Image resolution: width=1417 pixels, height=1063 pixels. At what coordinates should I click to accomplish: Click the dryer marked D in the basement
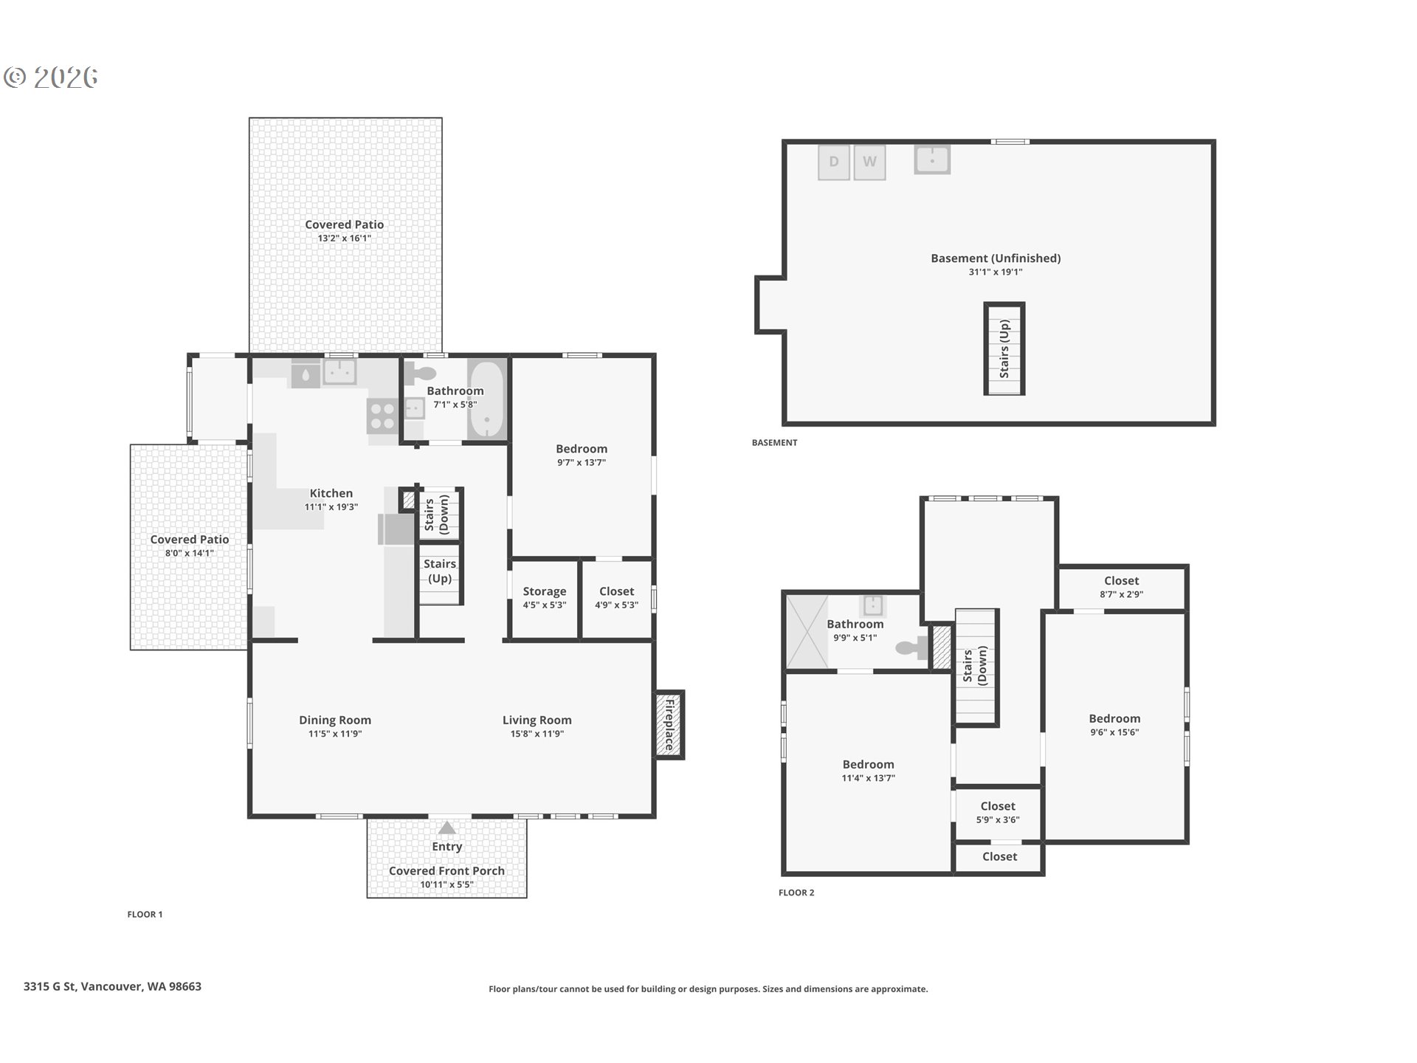pos(834,162)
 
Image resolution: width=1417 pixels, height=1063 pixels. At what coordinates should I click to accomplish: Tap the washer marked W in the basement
pos(869,162)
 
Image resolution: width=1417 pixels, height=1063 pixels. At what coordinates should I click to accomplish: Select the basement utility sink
pos(932,159)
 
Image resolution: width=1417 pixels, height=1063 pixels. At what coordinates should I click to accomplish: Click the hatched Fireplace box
pos(670,724)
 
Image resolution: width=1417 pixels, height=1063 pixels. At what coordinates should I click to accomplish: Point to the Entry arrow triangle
pos(447,828)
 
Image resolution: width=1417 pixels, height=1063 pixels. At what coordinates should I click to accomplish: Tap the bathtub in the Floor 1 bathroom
pos(487,399)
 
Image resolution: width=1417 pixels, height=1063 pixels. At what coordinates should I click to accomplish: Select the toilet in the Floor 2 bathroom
pos(912,648)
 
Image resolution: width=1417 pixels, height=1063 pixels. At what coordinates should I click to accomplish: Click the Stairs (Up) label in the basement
pos(1004,348)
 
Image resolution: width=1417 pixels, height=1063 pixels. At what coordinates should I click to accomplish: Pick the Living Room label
pos(537,720)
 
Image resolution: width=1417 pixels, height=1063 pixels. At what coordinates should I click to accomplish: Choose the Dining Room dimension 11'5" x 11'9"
pos(335,734)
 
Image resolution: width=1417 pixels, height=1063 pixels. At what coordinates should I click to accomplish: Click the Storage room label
pos(545,591)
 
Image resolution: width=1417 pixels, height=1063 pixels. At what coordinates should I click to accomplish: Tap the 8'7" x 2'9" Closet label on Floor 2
pos(1122,594)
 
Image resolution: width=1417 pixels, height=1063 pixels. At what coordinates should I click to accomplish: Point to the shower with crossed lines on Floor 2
pos(807,632)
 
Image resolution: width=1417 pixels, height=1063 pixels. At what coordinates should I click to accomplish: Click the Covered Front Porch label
pos(447,871)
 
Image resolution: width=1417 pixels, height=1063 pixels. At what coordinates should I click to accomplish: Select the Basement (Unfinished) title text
pos(996,258)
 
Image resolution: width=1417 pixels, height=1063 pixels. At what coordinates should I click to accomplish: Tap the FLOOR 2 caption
pos(796,892)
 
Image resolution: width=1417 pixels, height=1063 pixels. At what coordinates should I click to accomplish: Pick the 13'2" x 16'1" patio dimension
pos(345,238)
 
